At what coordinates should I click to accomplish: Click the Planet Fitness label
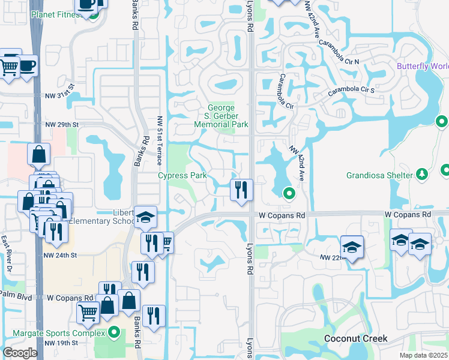(55, 14)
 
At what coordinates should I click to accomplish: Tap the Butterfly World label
(423, 66)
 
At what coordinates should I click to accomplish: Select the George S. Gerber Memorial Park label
(221, 116)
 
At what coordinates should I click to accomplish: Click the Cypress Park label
(182, 176)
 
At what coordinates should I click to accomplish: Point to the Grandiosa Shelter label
(379, 176)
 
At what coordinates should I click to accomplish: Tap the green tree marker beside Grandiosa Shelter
(422, 174)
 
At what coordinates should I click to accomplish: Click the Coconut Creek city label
(355, 338)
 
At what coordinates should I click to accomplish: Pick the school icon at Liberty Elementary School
(145, 218)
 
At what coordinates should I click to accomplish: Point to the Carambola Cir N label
(339, 52)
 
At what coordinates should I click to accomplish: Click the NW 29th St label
(62, 124)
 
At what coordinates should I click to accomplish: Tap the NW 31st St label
(62, 95)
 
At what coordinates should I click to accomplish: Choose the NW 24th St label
(61, 255)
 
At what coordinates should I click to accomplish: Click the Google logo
(20, 353)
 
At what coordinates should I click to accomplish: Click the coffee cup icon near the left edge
(27, 65)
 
